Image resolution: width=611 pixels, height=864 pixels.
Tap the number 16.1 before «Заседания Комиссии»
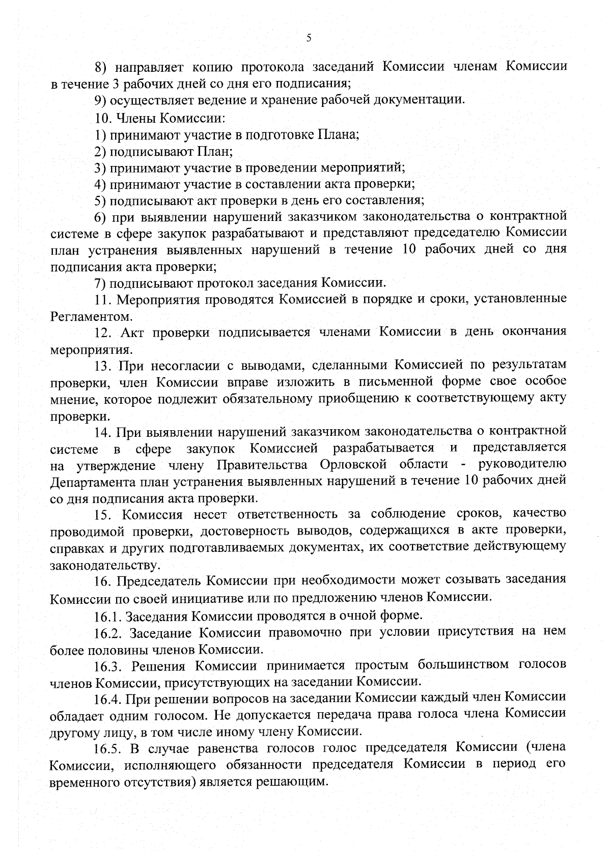pos(107,617)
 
